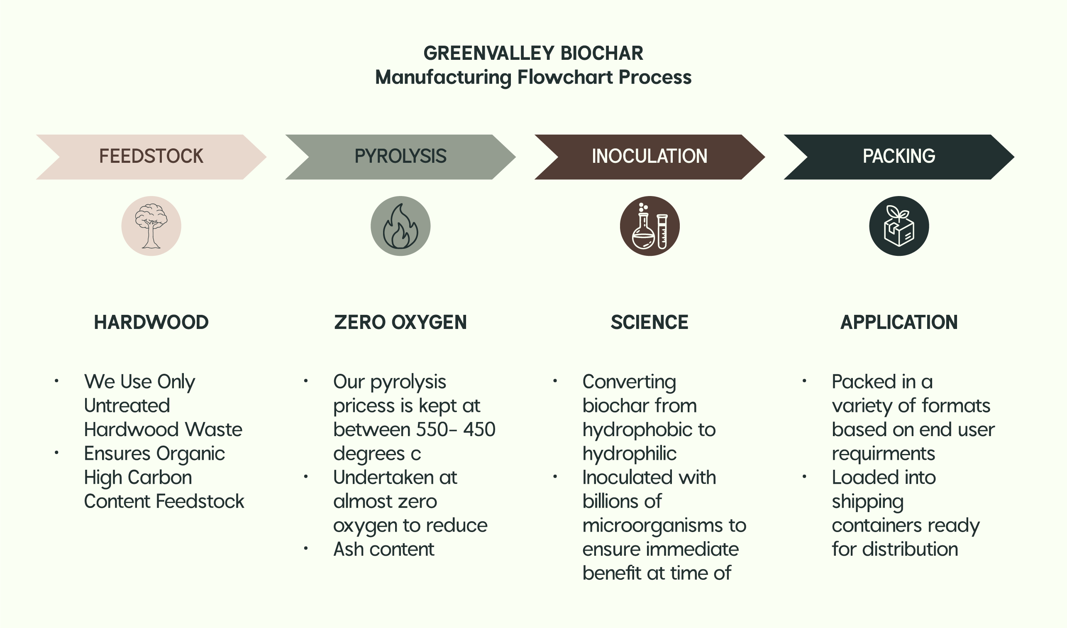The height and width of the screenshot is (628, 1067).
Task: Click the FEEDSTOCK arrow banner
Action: coord(151,157)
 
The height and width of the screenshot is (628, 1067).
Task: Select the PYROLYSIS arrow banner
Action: coord(400,157)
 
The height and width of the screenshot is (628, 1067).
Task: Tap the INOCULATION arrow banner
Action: coord(649,157)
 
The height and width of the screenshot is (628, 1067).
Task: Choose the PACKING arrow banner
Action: coord(899,157)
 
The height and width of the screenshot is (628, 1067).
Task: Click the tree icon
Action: coord(151,226)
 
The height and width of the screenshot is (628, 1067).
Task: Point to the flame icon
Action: coord(400,226)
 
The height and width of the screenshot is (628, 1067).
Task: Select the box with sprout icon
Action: coord(899,226)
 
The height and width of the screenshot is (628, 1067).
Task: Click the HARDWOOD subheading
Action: coord(151,322)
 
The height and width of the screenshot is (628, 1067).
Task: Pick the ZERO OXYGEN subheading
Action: coord(400,322)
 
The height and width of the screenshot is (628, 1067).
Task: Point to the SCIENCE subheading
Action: coord(649,322)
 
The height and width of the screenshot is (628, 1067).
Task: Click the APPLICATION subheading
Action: coord(899,322)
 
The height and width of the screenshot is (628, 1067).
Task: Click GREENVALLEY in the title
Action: coord(489,54)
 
